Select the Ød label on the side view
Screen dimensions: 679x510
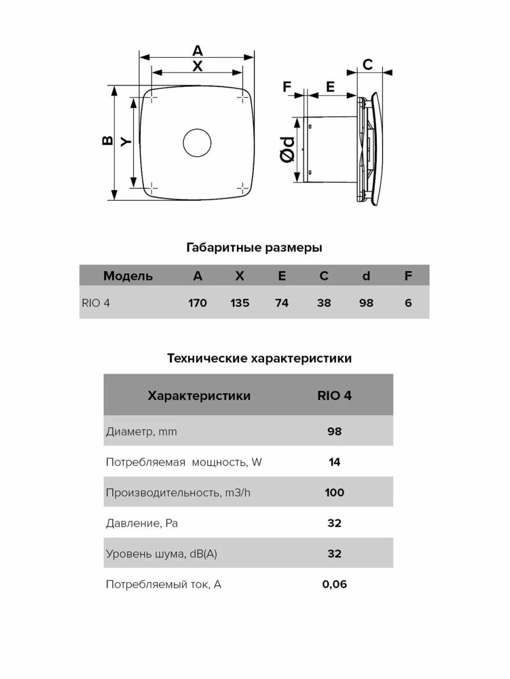(x=288, y=149)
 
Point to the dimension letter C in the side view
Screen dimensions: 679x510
(x=367, y=65)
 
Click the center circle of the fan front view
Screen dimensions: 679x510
(x=197, y=143)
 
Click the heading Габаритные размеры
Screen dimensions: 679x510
(x=254, y=248)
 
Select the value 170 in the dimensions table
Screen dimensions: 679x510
(x=197, y=303)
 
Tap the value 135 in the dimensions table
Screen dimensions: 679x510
(x=240, y=303)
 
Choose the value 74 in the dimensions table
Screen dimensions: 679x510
(x=282, y=303)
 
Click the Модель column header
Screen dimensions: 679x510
(x=128, y=276)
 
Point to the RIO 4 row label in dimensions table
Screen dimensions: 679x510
(x=96, y=303)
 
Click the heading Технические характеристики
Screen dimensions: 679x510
(x=260, y=358)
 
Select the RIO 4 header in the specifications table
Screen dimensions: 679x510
(x=334, y=396)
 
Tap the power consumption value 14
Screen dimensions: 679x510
(x=334, y=462)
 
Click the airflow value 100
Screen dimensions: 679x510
(x=334, y=492)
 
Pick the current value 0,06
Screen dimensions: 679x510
(x=334, y=585)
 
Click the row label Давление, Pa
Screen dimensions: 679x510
(x=142, y=523)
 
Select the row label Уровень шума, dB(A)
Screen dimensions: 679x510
(x=161, y=554)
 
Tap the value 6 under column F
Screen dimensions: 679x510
(x=408, y=303)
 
